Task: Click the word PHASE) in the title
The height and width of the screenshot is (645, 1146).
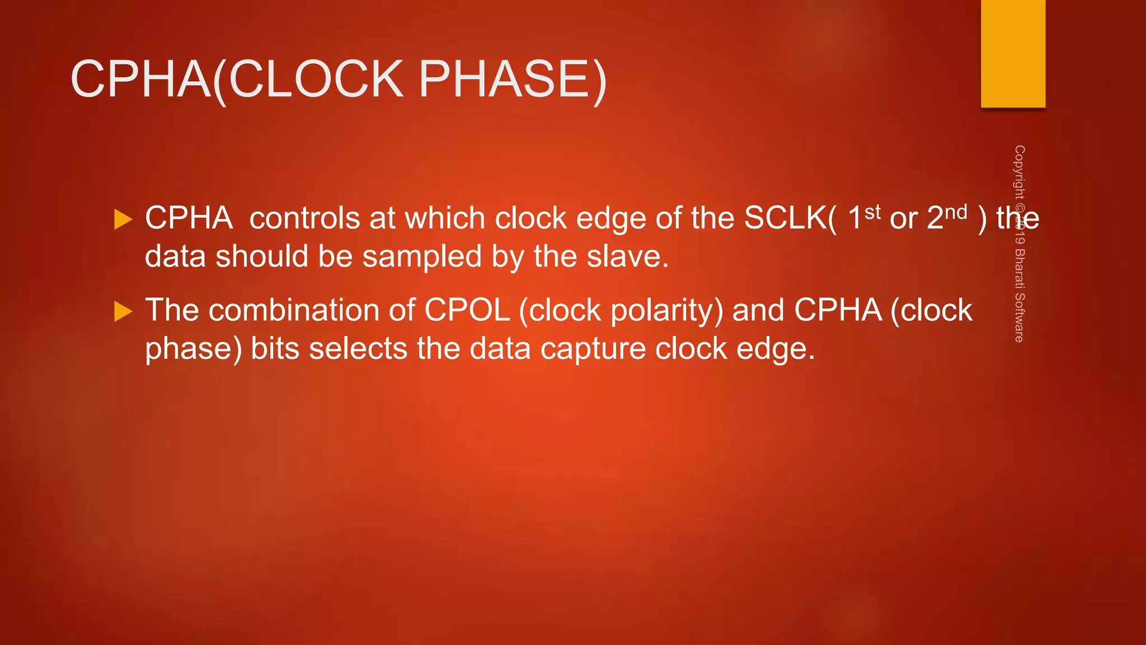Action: point(512,80)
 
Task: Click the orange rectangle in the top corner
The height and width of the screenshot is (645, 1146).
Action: point(1013,54)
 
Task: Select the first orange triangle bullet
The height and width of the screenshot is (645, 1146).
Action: point(123,219)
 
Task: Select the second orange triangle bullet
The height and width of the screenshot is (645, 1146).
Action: point(123,311)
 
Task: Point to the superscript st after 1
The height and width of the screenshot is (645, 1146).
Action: point(872,212)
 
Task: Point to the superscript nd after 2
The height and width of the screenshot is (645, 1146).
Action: point(956,212)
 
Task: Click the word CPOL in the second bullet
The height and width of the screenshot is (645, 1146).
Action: point(467,310)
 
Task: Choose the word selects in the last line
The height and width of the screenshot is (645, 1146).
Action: point(358,349)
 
